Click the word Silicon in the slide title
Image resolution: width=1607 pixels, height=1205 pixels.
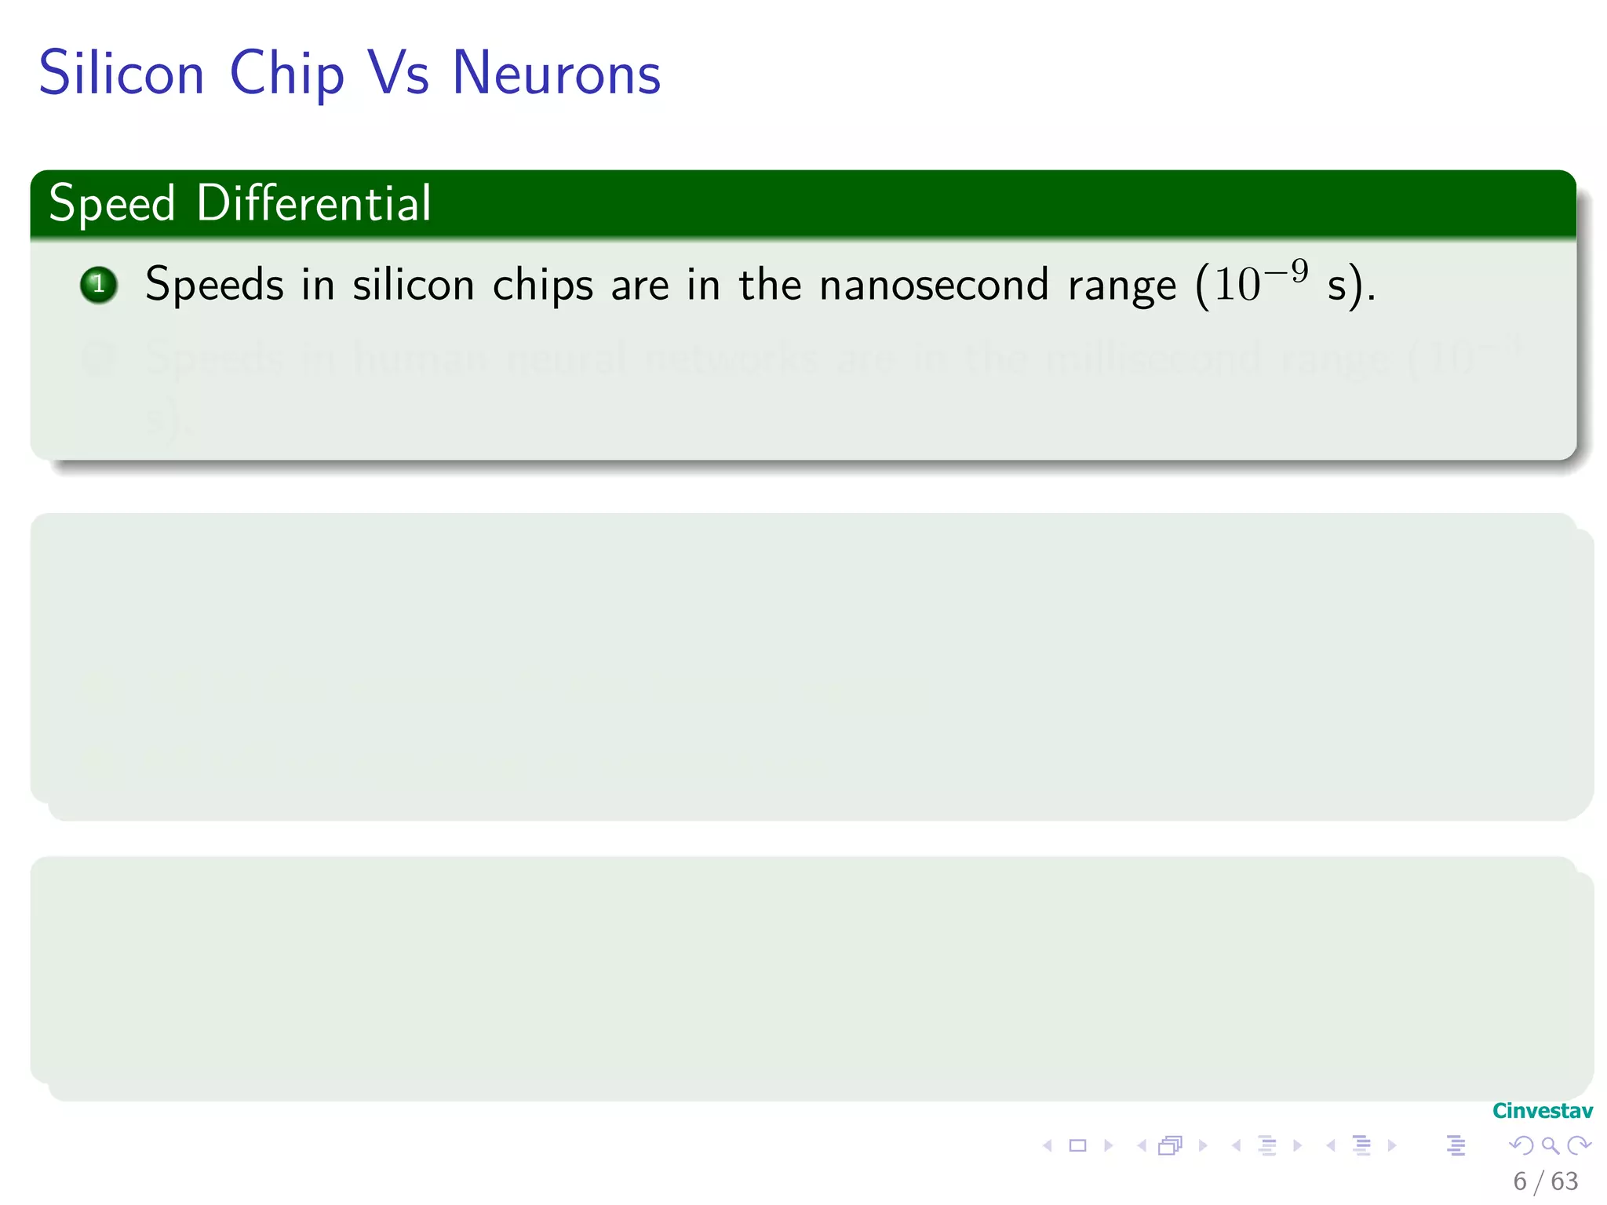tap(122, 74)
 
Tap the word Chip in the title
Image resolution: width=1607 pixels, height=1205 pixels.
tap(286, 74)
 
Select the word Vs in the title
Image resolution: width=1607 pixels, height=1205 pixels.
tap(399, 74)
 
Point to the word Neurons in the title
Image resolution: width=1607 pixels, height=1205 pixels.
tap(556, 74)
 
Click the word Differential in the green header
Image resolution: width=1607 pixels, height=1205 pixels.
tap(314, 203)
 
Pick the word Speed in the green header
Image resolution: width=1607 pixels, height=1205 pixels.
tap(111, 204)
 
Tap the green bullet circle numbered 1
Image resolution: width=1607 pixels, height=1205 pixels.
tap(99, 285)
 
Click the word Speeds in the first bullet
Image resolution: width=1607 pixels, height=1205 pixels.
tap(214, 285)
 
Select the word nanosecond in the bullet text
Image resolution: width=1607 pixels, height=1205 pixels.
tap(934, 285)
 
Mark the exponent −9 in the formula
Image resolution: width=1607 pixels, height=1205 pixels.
tap(1287, 271)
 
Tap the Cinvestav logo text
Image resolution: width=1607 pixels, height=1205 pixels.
tap(1542, 1111)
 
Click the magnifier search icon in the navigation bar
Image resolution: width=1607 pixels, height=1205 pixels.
tap(1550, 1145)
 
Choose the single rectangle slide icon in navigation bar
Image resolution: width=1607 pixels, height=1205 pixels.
tap(1078, 1145)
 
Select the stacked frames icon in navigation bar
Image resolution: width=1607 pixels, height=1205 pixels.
tap(1170, 1145)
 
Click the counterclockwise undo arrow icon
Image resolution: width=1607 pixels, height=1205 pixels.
tap(1521, 1145)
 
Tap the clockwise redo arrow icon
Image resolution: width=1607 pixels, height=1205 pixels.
tap(1579, 1145)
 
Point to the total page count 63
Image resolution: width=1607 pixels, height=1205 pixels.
tap(1564, 1181)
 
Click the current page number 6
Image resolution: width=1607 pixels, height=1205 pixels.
tap(1520, 1181)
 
